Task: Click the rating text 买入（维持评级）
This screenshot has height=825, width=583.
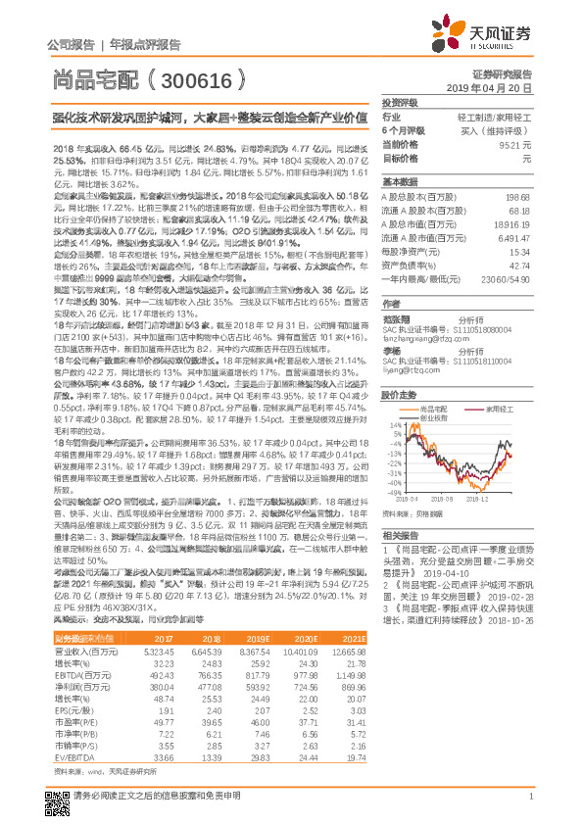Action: click(499, 130)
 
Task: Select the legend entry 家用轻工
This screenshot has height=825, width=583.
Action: click(496, 406)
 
